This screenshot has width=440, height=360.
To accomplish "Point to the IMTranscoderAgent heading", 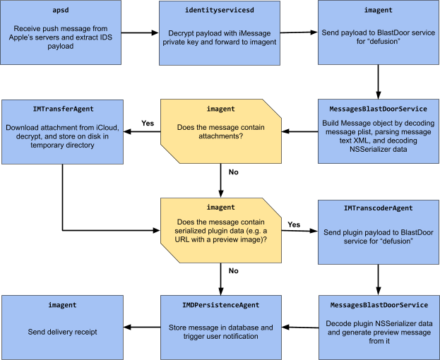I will [x=379, y=208].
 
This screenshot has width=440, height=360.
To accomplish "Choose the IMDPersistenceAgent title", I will [x=220, y=305].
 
